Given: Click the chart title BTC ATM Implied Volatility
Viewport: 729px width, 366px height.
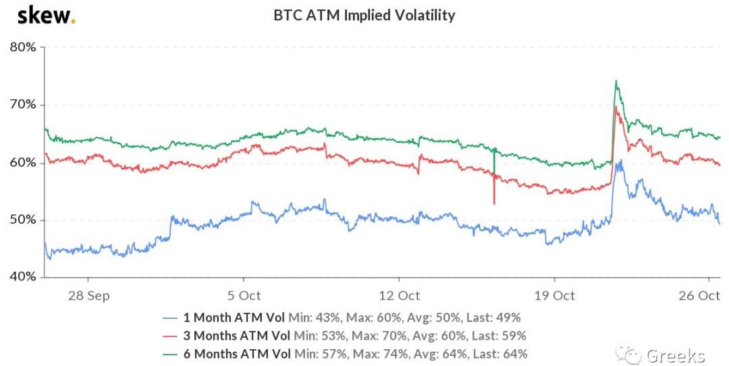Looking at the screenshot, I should [364, 15].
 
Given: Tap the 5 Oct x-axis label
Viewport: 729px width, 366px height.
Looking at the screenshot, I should [244, 296].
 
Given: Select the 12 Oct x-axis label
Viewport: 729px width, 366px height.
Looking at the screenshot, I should [399, 296].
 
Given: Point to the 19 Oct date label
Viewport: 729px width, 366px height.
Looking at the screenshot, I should [554, 296].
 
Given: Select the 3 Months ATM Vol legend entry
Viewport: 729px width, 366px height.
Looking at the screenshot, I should [237, 336].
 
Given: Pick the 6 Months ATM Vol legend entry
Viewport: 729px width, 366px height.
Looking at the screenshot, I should [237, 353].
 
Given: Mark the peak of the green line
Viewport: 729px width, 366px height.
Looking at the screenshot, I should [616, 81].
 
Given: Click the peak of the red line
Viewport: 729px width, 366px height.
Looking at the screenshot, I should [616, 106].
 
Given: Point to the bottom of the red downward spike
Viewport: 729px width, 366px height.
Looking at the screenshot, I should [494, 204].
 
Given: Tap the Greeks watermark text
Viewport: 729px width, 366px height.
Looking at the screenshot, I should [675, 355].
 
